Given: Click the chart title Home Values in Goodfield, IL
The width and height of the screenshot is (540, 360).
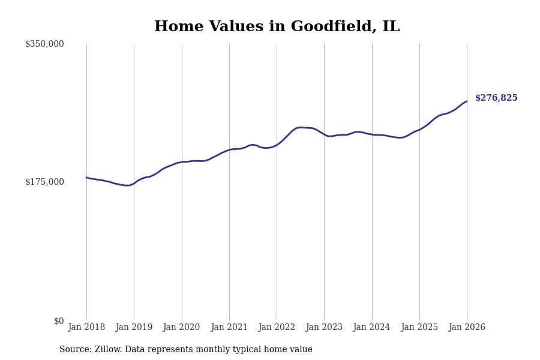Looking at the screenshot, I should (277, 27).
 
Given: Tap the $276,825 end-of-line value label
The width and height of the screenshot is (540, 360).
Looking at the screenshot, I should (496, 98).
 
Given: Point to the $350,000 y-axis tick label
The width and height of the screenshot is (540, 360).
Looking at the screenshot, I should (44, 44).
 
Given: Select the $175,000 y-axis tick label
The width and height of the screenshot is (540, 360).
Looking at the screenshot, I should (44, 182).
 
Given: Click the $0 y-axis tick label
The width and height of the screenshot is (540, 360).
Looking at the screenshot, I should (59, 321).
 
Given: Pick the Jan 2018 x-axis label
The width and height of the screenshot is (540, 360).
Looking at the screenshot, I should (86, 328).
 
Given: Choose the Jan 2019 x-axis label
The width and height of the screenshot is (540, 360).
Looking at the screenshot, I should (134, 328).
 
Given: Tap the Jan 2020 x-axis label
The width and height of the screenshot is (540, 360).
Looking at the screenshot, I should (181, 328).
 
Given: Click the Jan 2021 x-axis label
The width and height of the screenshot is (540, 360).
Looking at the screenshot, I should (229, 328).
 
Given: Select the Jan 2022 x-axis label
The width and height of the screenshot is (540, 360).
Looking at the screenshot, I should (277, 328).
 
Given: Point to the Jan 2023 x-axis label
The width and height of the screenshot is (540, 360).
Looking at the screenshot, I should (324, 328).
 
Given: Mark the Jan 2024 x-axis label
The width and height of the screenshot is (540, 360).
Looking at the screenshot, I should (371, 328).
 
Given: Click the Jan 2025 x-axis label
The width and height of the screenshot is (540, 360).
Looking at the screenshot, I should (419, 328).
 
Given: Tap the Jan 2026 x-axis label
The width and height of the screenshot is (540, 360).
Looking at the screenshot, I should (467, 328).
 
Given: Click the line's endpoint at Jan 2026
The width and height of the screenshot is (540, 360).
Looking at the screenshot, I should (467, 101).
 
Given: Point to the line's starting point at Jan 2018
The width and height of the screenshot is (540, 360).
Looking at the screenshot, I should (86, 178).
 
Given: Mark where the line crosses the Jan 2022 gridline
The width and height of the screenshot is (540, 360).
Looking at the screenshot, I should (277, 145).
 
